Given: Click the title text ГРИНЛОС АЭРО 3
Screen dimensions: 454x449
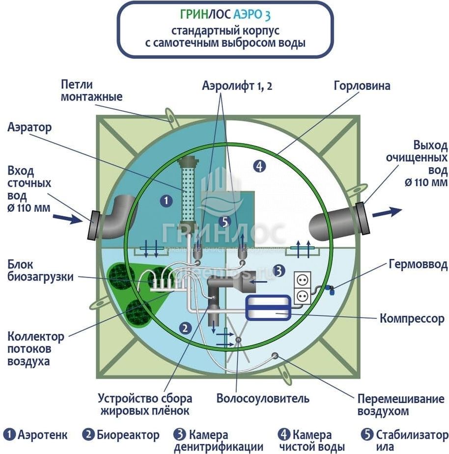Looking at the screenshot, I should tap(224, 15).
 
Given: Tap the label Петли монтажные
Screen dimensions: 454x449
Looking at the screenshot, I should tap(91, 90).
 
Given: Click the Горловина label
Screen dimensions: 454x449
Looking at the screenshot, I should tap(362, 86).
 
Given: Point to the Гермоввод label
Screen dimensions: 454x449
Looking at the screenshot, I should tap(418, 265).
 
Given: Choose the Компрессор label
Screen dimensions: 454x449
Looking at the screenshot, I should tap(412, 319).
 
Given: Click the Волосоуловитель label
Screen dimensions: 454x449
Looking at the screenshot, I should tap(263, 398).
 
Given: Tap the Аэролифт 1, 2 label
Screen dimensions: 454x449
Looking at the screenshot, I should tap(237, 86).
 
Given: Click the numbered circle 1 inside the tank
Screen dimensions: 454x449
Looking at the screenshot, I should tap(167, 200).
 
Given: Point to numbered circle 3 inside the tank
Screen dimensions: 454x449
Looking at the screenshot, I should tap(278, 270).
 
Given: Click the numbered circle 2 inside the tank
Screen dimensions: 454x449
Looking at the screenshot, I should tap(185, 328).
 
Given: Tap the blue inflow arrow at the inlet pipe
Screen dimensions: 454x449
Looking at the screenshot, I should tap(67, 218).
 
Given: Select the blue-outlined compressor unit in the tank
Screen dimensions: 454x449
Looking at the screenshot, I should tap(269, 308).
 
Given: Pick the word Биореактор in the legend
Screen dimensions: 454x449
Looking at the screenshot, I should tap(128, 435).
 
